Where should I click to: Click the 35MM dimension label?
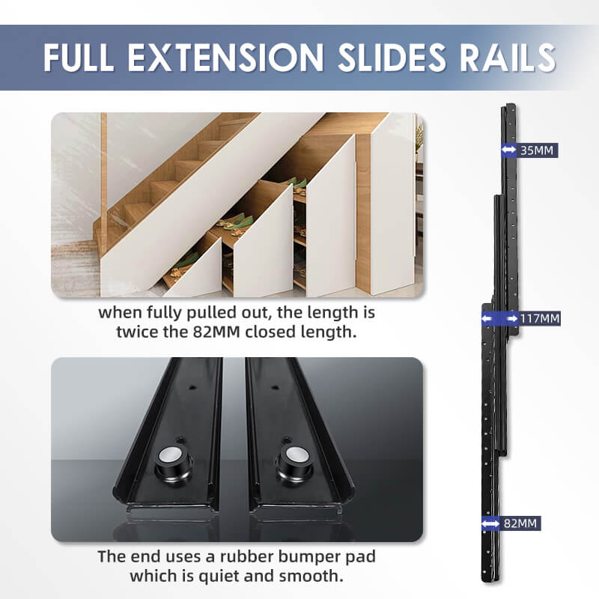(537, 150)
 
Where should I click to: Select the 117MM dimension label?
(540, 319)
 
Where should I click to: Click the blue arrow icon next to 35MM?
(508, 150)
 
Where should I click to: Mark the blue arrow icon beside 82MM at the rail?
(491, 523)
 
